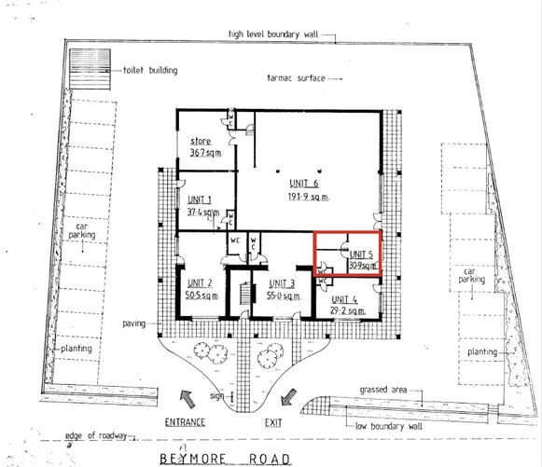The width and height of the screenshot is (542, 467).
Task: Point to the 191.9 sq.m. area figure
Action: (303, 198)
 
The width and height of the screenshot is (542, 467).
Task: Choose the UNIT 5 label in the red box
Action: (362, 253)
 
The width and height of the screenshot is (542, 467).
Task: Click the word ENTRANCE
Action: (186, 422)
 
